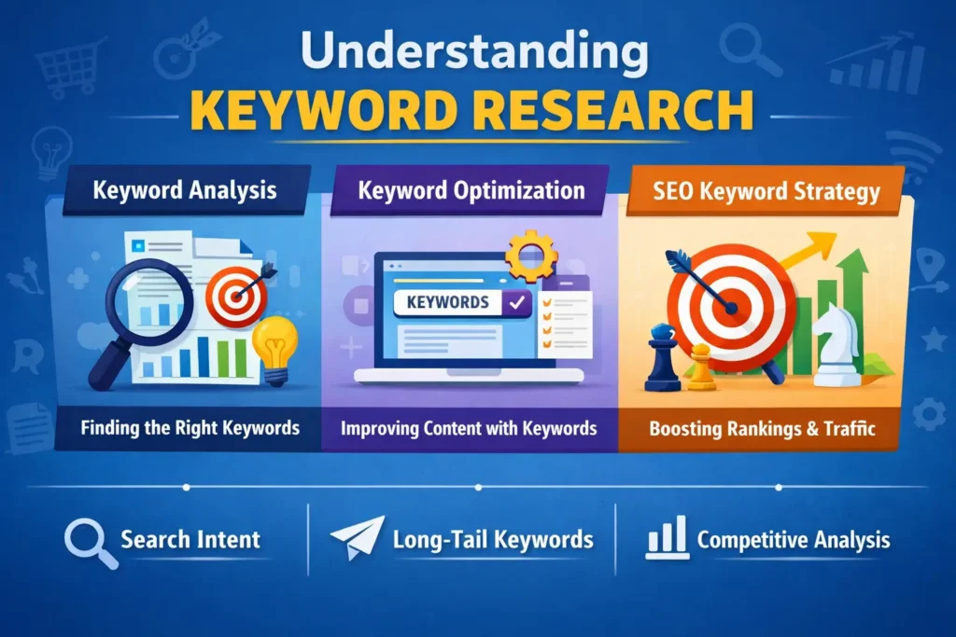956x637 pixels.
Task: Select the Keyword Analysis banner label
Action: pos(184,191)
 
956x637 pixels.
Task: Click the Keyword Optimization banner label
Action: pos(471,191)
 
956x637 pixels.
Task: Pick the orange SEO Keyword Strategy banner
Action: pos(766,192)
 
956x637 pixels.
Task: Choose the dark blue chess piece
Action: pos(664,356)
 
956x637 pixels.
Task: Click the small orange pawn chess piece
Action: pos(701,367)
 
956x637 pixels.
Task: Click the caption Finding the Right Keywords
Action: pos(190,428)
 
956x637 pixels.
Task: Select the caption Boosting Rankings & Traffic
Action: pos(761,429)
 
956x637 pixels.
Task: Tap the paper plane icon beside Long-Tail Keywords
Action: pos(358,538)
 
